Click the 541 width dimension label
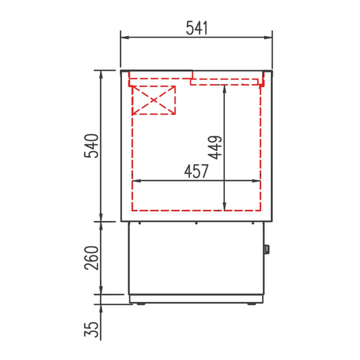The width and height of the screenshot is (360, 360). click(x=196, y=27)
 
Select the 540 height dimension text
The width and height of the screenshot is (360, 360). click(x=92, y=146)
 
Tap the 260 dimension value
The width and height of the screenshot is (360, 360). click(x=92, y=258)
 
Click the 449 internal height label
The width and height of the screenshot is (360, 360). click(x=215, y=147)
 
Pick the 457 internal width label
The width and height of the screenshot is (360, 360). click(x=196, y=171)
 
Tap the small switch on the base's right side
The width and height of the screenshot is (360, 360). click(x=266, y=249)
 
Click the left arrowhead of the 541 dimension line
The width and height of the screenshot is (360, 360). click(x=124, y=37)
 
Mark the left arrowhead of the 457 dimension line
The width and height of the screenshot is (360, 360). click(x=135, y=181)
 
